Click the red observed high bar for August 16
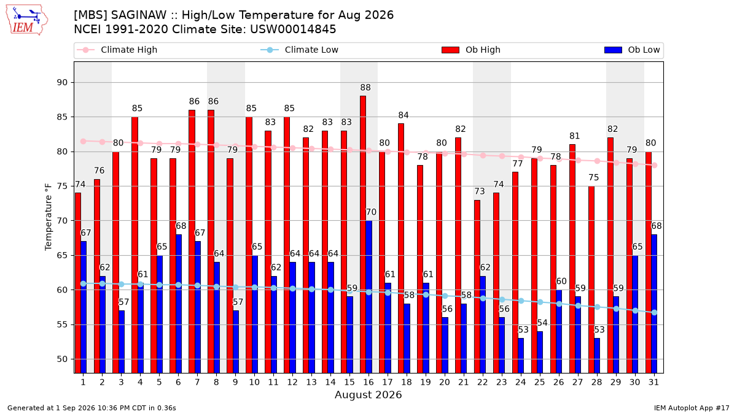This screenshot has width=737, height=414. [362, 234]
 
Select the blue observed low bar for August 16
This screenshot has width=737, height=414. [369, 297]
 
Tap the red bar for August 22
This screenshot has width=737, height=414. [477, 286]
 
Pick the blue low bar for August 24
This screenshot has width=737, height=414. [521, 356]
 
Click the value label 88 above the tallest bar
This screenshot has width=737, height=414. [365, 87]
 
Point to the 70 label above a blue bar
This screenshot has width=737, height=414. [371, 212]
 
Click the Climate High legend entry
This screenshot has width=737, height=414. [117, 50]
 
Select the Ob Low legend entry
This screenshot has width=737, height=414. [632, 50]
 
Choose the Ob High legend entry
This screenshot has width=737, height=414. [471, 50]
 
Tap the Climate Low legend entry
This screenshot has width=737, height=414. [300, 50]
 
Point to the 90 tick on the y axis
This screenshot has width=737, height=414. [62, 82]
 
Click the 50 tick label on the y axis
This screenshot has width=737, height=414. [62, 359]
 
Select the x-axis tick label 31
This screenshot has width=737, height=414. [653, 382]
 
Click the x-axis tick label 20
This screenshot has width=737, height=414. [445, 382]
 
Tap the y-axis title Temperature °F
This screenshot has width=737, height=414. [49, 217]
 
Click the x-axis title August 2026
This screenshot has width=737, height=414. [368, 394]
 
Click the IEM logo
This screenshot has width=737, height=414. [27, 20]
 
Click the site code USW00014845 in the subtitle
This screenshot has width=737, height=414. [293, 29]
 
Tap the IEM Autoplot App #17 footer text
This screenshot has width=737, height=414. [692, 408]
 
